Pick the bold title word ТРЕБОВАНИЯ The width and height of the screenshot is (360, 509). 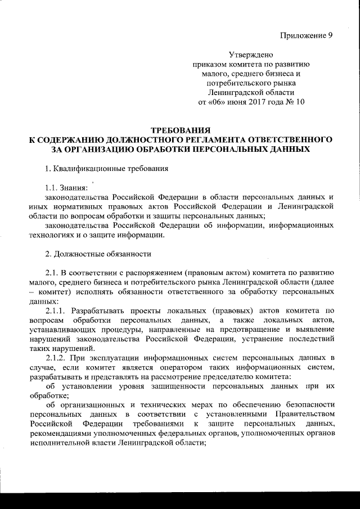click(179, 130)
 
